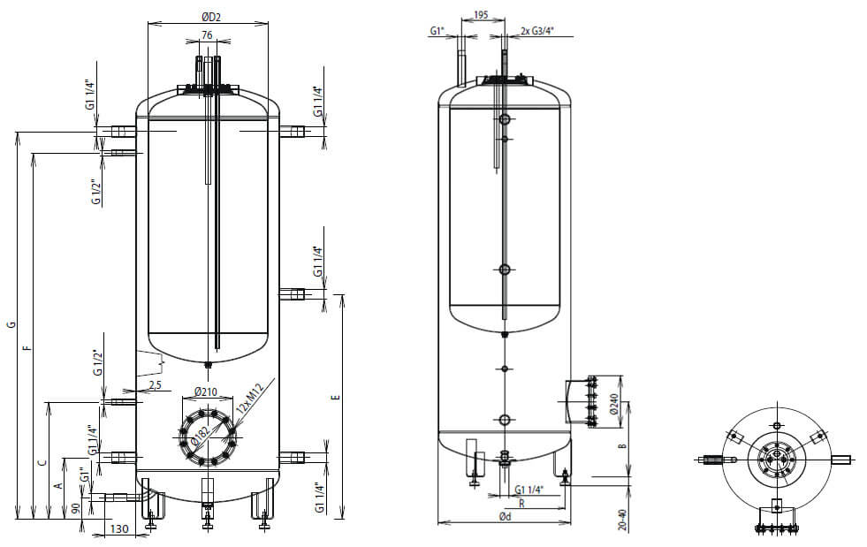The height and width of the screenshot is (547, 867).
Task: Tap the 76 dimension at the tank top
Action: tap(207, 34)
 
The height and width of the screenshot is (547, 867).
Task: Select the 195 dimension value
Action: tap(482, 15)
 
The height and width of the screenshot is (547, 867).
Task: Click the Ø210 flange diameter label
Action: tap(205, 392)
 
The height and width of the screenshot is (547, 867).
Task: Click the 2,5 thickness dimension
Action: tap(155, 385)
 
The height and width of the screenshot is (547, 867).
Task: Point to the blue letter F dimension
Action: tap(27, 348)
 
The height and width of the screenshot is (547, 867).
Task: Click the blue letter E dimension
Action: tap(334, 399)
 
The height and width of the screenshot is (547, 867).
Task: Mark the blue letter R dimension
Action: tap(523, 504)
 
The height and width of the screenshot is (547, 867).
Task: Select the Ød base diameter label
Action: tap(505, 516)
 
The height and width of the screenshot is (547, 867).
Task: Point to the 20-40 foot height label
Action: tap(623, 520)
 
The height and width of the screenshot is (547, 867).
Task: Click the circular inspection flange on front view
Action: tap(209, 437)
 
